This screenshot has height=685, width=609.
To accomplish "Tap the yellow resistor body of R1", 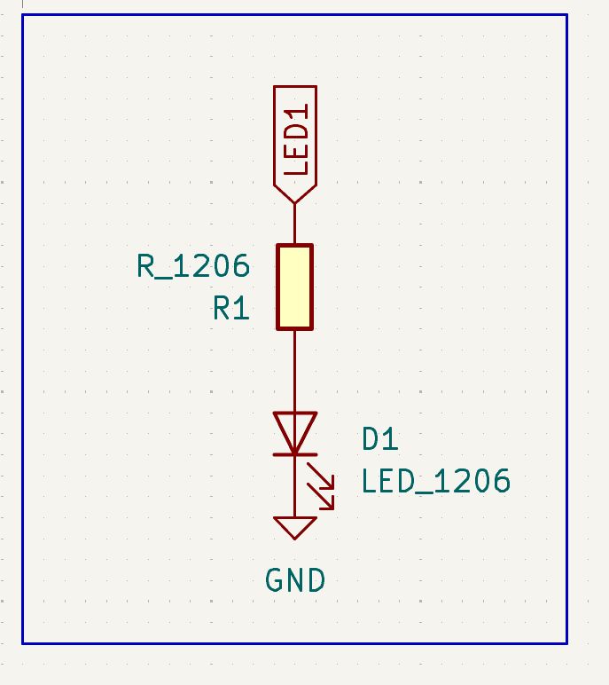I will pos(294,287).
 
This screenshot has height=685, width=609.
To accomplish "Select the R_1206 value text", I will pos(193,265).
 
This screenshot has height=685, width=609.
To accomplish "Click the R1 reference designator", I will pos(230,309).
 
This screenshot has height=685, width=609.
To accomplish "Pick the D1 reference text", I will pos(380,438).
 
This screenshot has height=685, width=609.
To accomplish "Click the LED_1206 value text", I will pos(435,481).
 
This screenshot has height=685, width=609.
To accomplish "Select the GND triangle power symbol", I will pos(294,527).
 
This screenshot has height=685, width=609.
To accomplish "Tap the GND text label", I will pos(295,581).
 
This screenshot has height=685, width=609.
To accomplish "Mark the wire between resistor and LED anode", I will pos(294,371).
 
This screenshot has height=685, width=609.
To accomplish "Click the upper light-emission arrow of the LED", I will pos(322,476).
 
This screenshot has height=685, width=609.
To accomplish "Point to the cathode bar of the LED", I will pos(294,454).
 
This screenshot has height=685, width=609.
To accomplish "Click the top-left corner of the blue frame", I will pos(22,15).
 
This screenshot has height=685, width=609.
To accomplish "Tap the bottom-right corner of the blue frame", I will pos(566,642).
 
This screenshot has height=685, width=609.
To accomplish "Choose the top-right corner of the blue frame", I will pos(566,15).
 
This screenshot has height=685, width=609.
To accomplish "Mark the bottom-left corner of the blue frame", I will pos(22,642).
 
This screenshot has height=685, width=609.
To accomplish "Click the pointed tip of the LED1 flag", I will pos(294,202).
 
